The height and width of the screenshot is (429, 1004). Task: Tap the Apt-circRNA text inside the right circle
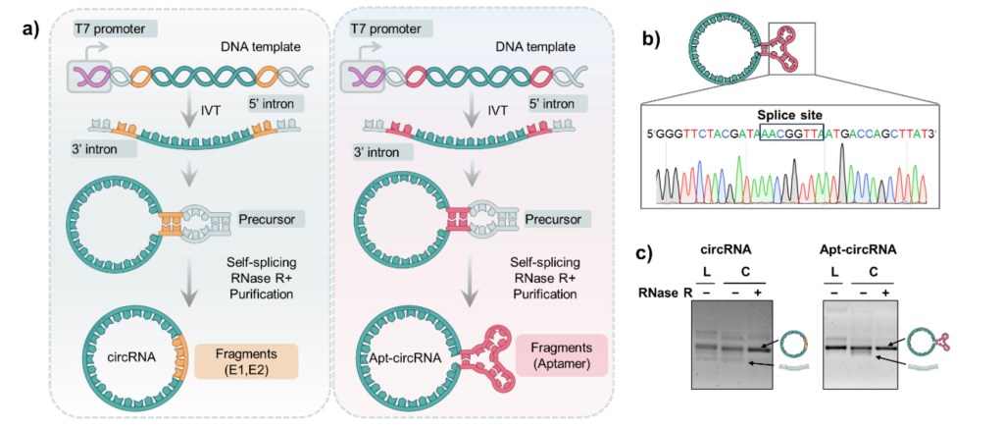click(x=398, y=359)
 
